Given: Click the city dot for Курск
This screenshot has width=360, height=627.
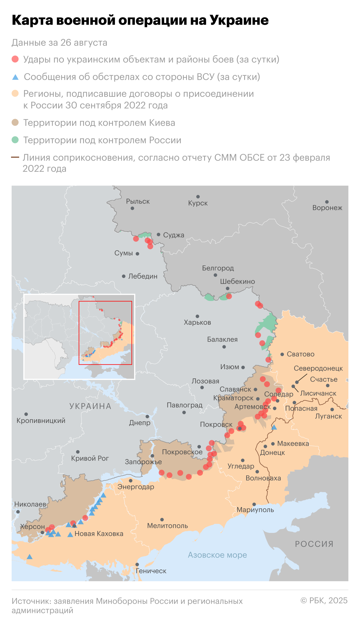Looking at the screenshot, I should [x=198, y=197].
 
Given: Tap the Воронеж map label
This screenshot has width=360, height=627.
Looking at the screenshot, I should [x=327, y=208].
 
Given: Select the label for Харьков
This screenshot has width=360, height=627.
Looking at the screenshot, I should [x=197, y=322].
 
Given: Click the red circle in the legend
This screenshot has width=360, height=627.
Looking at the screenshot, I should [x=15, y=59].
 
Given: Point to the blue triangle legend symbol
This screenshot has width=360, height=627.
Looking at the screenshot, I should [x=15, y=77].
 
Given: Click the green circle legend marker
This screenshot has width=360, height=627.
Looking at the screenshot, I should [x=15, y=140].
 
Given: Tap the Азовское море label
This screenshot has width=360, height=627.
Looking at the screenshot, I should [x=217, y=555].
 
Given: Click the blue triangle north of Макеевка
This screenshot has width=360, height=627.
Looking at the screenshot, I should [x=274, y=427].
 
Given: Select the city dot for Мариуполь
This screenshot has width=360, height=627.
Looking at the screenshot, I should [x=254, y=504].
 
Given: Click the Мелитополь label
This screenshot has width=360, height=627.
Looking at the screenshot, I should [x=168, y=526].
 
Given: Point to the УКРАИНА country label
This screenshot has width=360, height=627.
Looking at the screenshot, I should [x=90, y=406].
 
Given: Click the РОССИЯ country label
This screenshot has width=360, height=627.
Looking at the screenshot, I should [x=314, y=544].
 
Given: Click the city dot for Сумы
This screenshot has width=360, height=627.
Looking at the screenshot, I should [x=138, y=254].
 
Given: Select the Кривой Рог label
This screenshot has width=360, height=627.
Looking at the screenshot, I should [x=90, y=458].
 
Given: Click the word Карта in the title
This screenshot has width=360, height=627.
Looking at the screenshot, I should [x=32, y=20].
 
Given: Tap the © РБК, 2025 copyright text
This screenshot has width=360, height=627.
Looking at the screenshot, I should [x=324, y=600].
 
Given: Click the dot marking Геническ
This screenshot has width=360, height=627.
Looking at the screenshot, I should [x=137, y=565].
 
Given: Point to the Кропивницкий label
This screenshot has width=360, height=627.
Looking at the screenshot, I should [x=41, y=421].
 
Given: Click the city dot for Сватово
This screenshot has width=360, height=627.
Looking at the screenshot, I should [x=282, y=354].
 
